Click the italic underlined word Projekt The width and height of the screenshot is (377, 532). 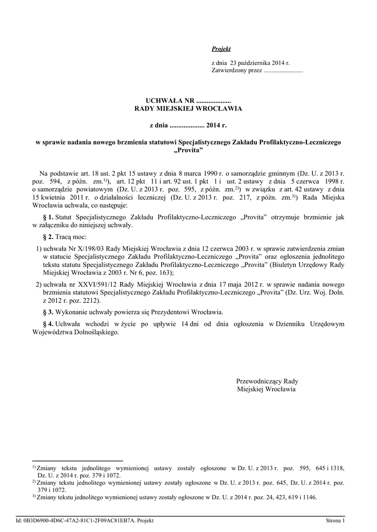221,49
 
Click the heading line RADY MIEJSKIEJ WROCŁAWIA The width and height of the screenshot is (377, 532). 188,109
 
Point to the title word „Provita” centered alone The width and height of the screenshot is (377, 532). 188,150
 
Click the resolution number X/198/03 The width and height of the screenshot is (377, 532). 90,249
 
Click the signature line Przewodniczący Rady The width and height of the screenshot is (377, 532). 267,381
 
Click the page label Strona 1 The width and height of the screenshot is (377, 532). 335,521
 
